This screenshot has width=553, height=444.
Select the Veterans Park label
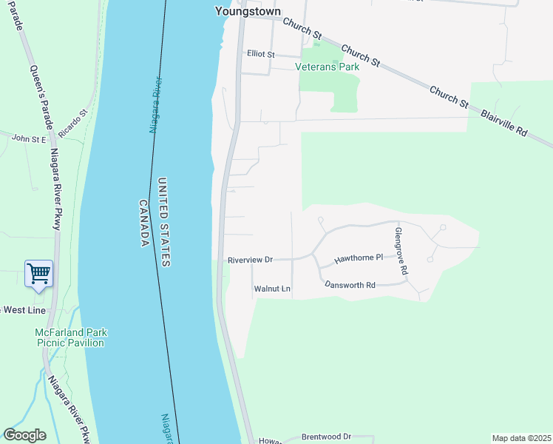pyautogui.click(x=327, y=67)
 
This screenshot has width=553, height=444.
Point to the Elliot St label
pyautogui.click(x=260, y=54)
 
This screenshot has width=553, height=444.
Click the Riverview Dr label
pyautogui.click(x=251, y=260)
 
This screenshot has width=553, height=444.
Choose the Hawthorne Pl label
pyautogui.click(x=358, y=259)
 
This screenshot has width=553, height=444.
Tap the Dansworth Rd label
pyautogui.click(x=350, y=285)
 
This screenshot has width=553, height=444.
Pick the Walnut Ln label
pyautogui.click(x=272, y=289)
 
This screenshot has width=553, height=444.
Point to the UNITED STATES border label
pyautogui.click(x=163, y=222)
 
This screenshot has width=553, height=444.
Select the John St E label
pyautogui.click(x=29, y=138)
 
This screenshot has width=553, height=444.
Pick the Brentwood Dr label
pyautogui.click(x=326, y=437)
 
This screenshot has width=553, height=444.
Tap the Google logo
pyautogui.click(x=24, y=435)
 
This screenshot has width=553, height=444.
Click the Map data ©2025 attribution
pyautogui.click(x=520, y=438)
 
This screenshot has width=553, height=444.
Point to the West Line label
pyautogui.click(x=19, y=309)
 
